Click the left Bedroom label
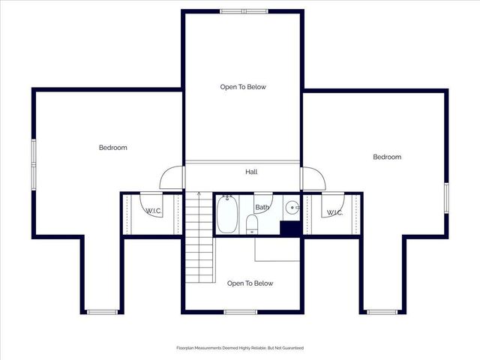point(113,148)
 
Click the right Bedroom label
point(387,157)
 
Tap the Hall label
point(251,172)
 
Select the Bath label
point(262,207)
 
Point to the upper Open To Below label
point(243,87)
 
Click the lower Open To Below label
point(250,283)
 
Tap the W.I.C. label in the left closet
point(153,211)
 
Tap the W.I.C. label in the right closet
point(334,213)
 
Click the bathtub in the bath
point(227,214)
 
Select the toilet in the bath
point(252,224)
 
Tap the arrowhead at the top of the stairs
point(199,194)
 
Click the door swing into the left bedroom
point(172,178)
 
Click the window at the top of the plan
point(243,11)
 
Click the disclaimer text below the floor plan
point(240,348)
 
